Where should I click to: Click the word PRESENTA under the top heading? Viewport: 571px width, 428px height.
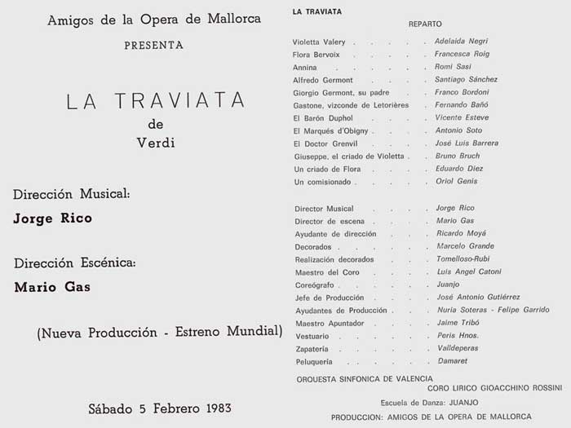(153, 46)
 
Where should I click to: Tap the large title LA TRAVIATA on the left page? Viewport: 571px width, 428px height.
(155, 100)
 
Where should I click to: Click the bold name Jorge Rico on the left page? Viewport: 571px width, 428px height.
(53, 218)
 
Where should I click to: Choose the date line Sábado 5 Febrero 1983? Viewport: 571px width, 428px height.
(161, 407)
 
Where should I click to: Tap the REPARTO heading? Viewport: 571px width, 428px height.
(424, 26)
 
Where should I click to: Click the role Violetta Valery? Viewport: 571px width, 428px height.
(320, 41)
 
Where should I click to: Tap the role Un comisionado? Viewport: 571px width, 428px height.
(321, 181)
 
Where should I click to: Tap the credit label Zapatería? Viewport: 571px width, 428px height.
(312, 348)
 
